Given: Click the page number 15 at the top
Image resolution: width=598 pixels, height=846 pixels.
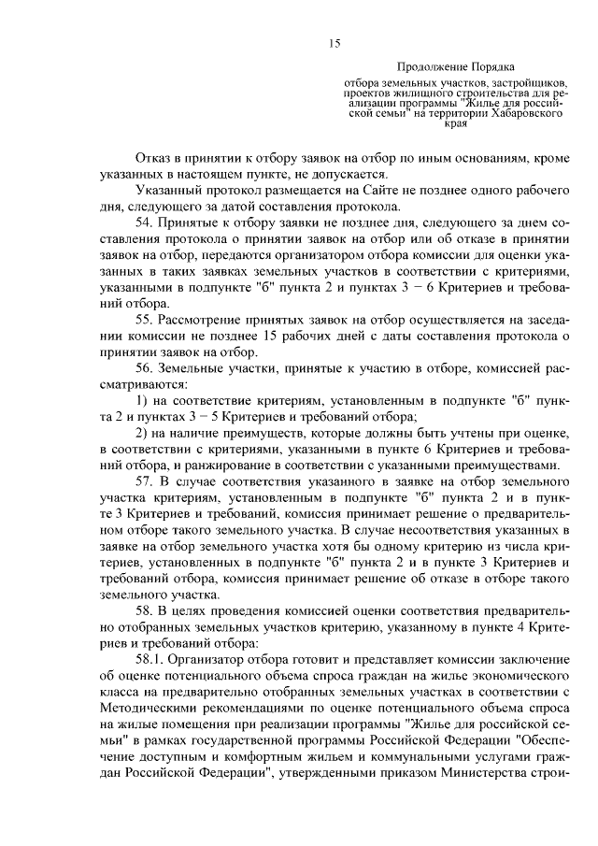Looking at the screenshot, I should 334,44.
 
